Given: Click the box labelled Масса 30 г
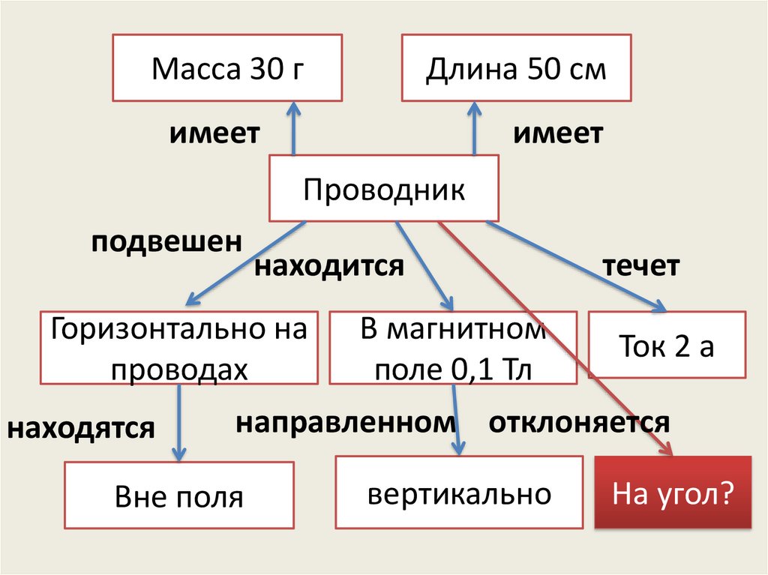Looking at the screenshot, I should tap(228, 68).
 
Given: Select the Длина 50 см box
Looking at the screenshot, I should tap(517, 68).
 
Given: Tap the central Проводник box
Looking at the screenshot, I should tap(384, 188).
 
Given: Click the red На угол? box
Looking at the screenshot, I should tap(672, 493).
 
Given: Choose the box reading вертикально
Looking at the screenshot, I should tap(458, 493).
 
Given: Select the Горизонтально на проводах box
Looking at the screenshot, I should tap(178, 348).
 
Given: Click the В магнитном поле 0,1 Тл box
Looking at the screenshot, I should tap(452, 348).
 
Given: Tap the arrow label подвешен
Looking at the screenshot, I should tap(167, 242).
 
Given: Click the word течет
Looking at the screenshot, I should tap(640, 265).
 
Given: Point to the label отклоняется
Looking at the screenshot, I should tap(579, 423).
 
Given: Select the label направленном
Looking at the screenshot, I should tap(346, 423).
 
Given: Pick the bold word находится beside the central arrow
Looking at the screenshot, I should tap(329, 265).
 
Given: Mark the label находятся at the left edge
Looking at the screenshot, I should tap(81, 429).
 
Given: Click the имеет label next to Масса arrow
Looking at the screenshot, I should tap(214, 135).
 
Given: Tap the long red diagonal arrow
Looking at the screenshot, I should tap(555, 337).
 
